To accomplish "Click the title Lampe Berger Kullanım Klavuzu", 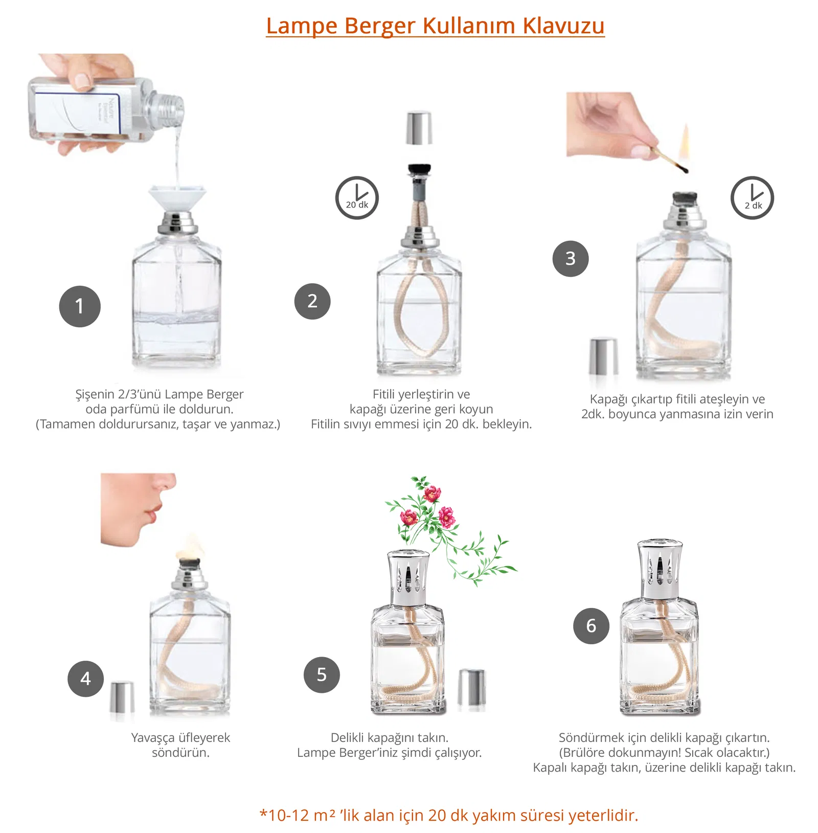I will pyautogui.click(x=435, y=26).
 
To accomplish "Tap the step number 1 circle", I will pyautogui.click(x=80, y=306).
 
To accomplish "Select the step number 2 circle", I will pyautogui.click(x=312, y=301).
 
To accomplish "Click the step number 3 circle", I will pyautogui.click(x=571, y=259).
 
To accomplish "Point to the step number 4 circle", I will pyautogui.click(x=85, y=679).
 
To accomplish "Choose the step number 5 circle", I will pyautogui.click(x=322, y=675).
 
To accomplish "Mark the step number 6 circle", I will pyautogui.click(x=591, y=626).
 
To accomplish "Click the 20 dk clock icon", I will pyautogui.click(x=357, y=198).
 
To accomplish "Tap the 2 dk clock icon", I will pyautogui.click(x=752, y=198).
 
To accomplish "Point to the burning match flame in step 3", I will pyautogui.click(x=685, y=141).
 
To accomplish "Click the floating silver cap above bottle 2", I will pyautogui.click(x=419, y=128).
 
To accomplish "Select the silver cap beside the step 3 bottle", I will pyautogui.click(x=603, y=356).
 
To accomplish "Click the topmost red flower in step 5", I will pyautogui.click(x=432, y=493).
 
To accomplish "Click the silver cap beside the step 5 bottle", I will pyautogui.click(x=471, y=687).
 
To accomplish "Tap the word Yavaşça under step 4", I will pyautogui.click(x=152, y=737).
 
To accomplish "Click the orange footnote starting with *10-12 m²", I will pyautogui.click(x=449, y=815).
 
